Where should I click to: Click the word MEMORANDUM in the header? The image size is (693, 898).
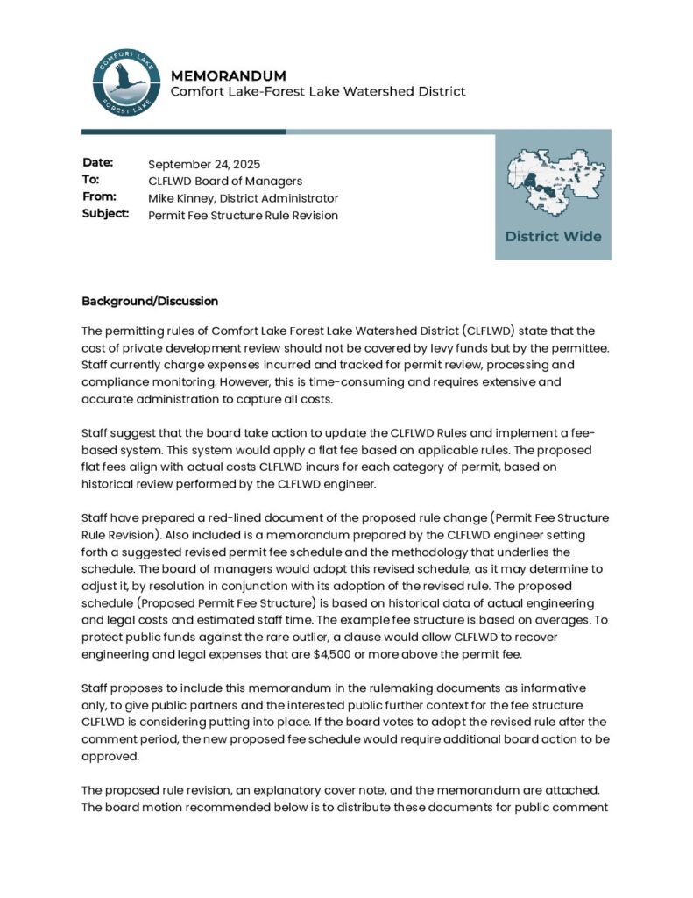pyautogui.click(x=228, y=75)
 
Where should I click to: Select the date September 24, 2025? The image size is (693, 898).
pyautogui.click(x=204, y=164)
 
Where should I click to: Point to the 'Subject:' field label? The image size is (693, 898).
pyautogui.click(x=106, y=214)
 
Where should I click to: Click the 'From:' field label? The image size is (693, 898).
pyautogui.click(x=99, y=197)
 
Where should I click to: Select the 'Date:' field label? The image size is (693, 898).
pyautogui.click(x=98, y=163)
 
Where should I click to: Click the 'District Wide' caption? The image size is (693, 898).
pyautogui.click(x=553, y=236)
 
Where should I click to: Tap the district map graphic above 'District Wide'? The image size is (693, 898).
pyautogui.click(x=553, y=183)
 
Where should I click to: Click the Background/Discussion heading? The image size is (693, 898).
pyautogui.click(x=150, y=301)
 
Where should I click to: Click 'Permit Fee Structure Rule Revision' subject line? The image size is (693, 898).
pyautogui.click(x=243, y=216)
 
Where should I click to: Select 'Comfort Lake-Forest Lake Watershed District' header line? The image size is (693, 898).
pyautogui.click(x=317, y=92)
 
